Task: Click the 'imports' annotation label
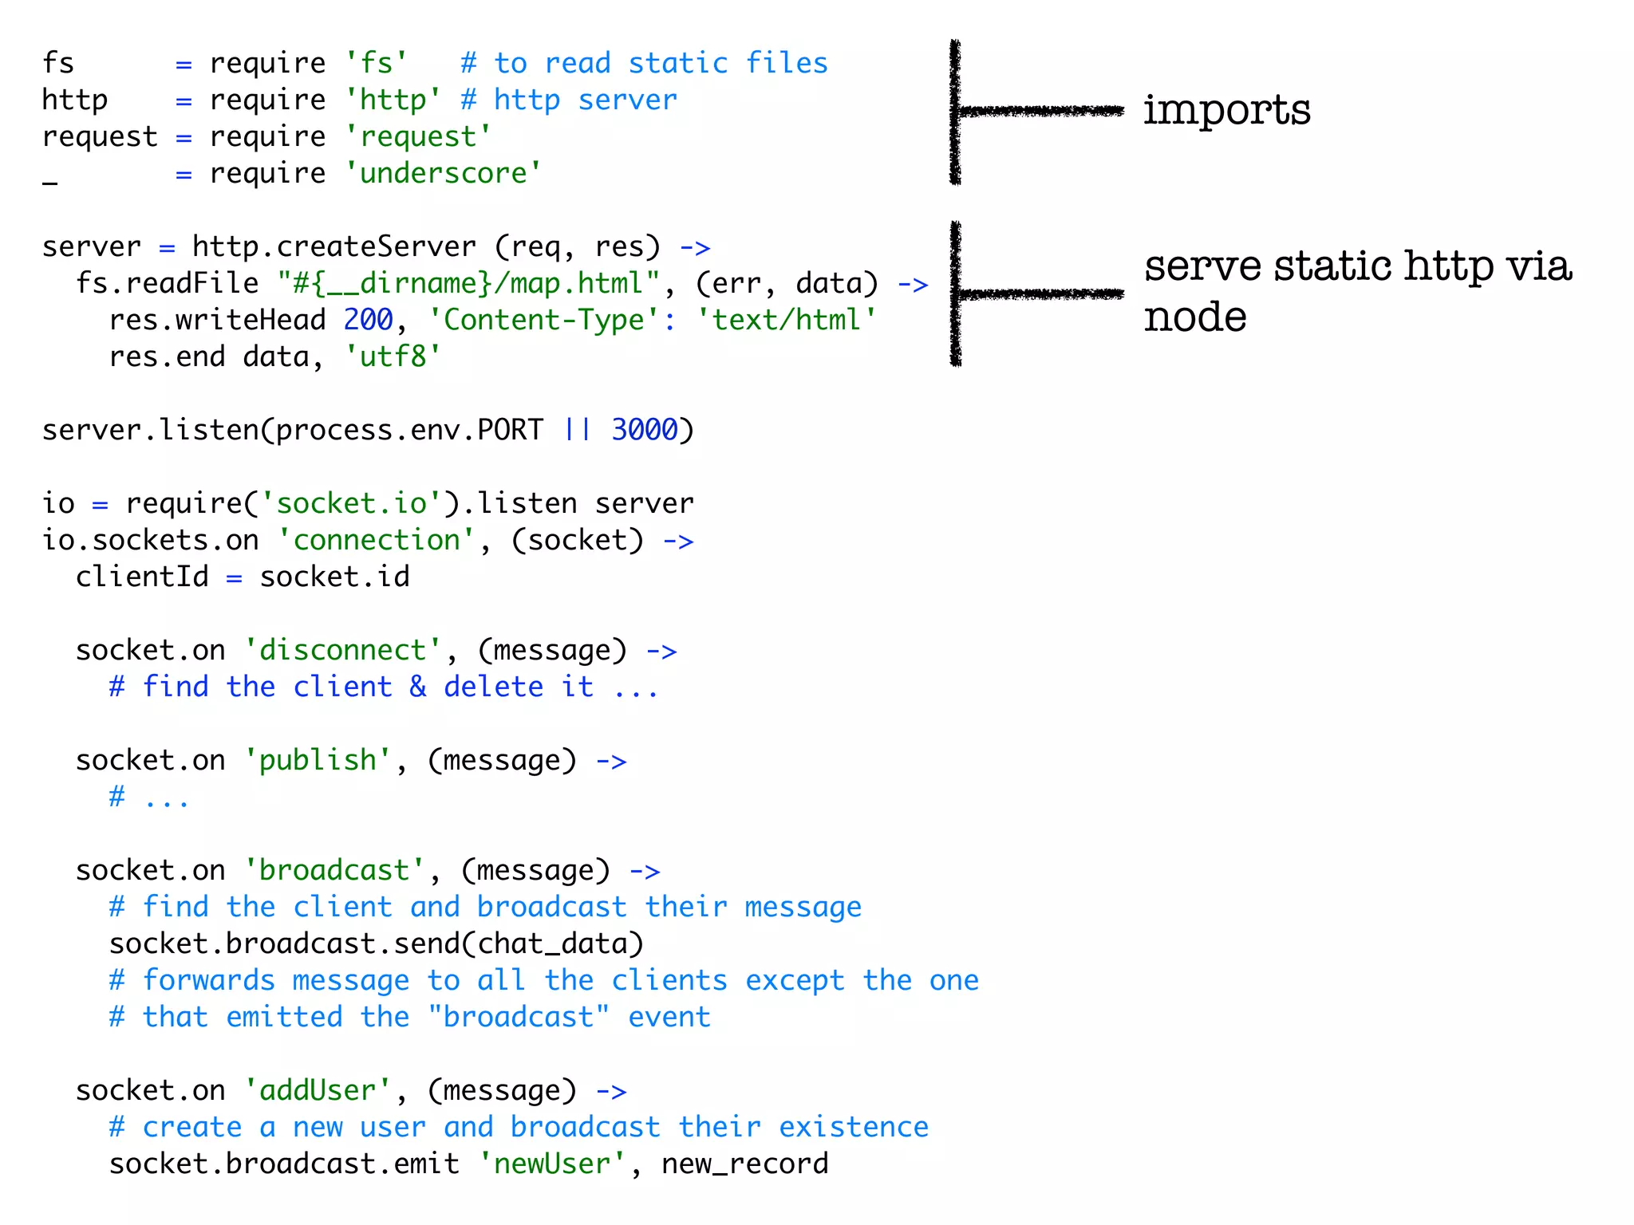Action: point(1226,110)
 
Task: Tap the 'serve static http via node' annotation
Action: point(1356,290)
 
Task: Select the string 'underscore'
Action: point(443,173)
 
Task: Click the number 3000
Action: point(644,430)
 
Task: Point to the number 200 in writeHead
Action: point(368,320)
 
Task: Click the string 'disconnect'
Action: point(343,650)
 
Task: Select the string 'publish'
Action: point(318,760)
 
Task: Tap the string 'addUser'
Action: point(318,1090)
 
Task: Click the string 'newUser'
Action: point(552,1164)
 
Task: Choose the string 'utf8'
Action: point(393,356)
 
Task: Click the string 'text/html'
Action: point(786,320)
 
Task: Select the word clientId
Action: point(142,577)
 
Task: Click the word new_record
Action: point(744,1164)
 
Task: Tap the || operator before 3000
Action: point(577,430)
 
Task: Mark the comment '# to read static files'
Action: point(644,63)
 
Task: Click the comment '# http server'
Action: point(569,100)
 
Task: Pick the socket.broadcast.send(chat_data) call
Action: point(376,943)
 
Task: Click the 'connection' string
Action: point(376,540)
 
